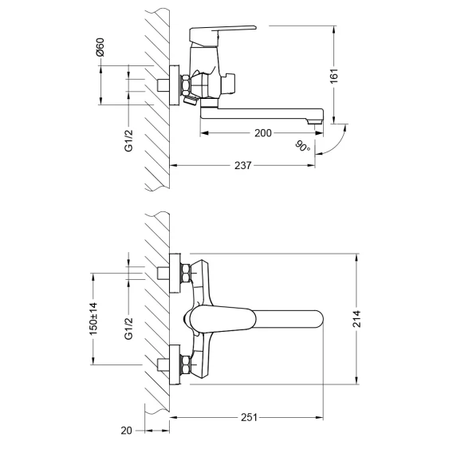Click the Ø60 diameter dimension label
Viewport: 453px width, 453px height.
(x=100, y=47)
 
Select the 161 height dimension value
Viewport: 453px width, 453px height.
(x=333, y=76)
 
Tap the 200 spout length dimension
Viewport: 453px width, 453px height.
(x=263, y=133)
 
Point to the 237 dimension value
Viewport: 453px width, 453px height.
(x=242, y=166)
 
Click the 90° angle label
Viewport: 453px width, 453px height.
(x=302, y=146)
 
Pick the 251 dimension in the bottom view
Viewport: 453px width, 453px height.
(x=249, y=417)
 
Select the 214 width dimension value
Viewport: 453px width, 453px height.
(x=356, y=319)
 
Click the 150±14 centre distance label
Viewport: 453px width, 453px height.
(x=93, y=319)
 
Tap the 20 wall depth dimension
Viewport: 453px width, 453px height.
(x=126, y=431)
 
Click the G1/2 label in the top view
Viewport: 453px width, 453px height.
(x=128, y=140)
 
